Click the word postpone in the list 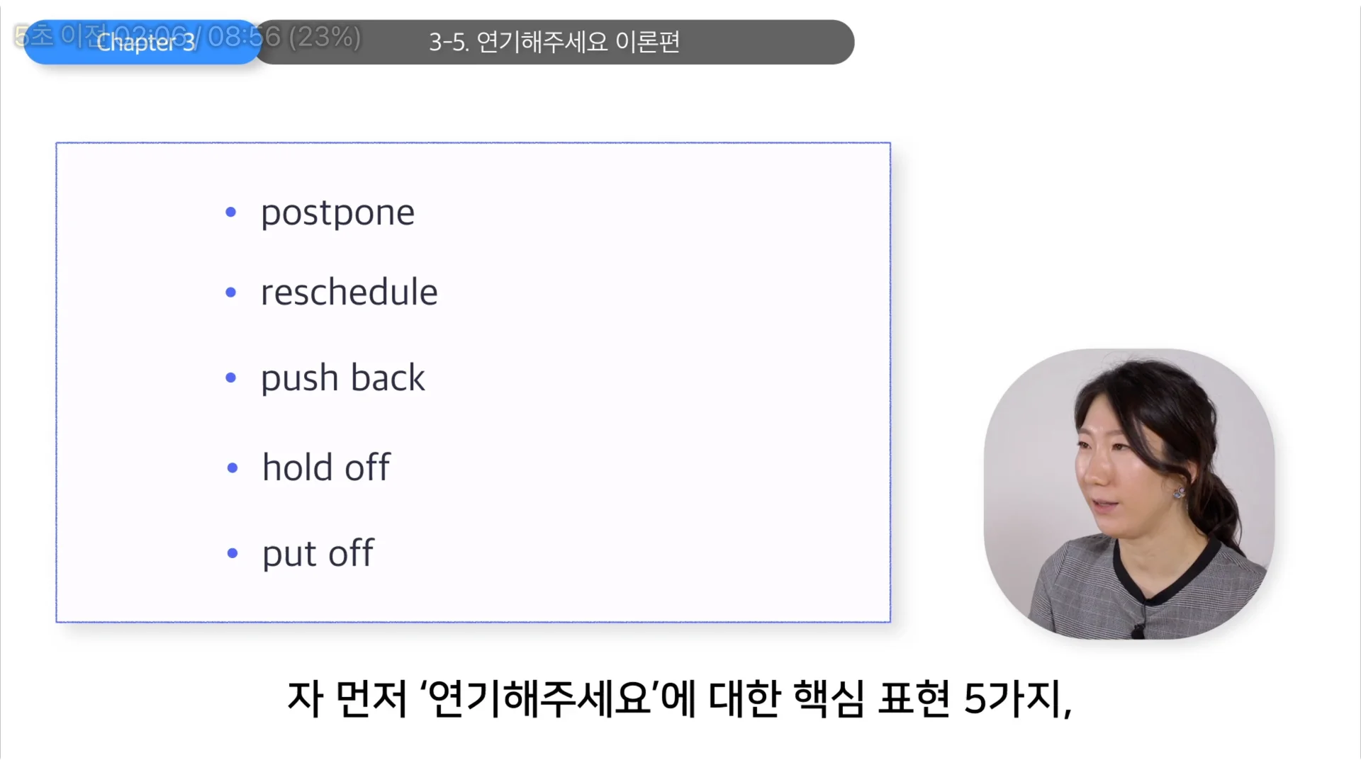[337, 212]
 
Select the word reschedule [349, 292]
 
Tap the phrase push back [342, 378]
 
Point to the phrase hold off [325, 467]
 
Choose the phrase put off [318, 553]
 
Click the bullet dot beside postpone [230, 212]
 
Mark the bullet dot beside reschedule [230, 292]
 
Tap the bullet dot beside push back [230, 378]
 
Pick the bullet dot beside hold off [232, 467]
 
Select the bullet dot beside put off [232, 553]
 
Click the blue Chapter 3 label [145, 43]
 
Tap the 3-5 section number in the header [448, 42]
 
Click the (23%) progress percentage [325, 36]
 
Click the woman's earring [1179, 492]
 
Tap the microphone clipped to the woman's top [1137, 628]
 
